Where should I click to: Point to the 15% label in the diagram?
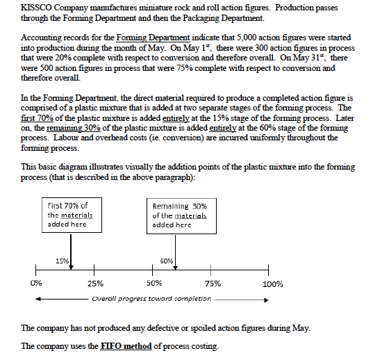[x=60, y=261]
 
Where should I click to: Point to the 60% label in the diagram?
[x=167, y=261]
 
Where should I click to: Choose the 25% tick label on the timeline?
[x=96, y=284]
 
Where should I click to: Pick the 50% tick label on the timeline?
[x=154, y=284]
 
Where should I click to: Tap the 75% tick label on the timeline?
[x=213, y=284]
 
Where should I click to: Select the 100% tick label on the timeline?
[x=272, y=284]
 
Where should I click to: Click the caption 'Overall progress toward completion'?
[x=151, y=299]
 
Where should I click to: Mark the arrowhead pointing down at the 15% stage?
[x=71, y=265]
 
